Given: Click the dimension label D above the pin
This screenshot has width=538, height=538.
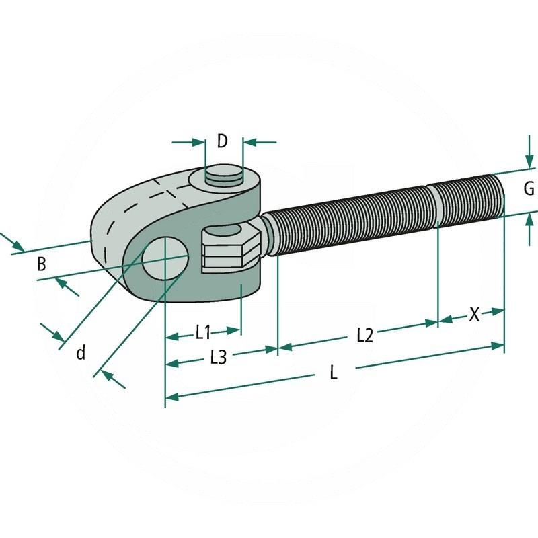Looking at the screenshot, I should click(x=223, y=141).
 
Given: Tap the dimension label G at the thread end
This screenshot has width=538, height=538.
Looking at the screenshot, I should click(x=529, y=189).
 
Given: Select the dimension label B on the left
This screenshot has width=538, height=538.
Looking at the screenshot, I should click(x=42, y=264).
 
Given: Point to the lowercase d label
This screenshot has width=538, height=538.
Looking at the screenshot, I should click(x=81, y=352).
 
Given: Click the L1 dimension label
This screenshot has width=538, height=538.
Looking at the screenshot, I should click(x=204, y=332).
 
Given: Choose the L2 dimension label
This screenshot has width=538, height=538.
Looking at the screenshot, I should click(x=364, y=335).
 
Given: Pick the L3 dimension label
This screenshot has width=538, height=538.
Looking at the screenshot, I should click(x=218, y=358).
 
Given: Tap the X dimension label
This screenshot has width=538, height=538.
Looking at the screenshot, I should click(x=474, y=314).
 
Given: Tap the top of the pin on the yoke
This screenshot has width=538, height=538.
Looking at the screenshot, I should click(x=224, y=177).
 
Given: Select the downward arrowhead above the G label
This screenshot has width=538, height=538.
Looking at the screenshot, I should click(x=529, y=162).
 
